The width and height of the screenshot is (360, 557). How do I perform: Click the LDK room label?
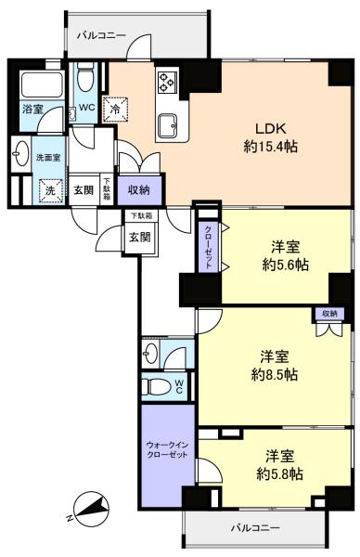[271, 129]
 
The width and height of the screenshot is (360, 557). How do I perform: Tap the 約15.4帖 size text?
[271, 146]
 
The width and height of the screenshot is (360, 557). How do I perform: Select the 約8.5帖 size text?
[274, 374]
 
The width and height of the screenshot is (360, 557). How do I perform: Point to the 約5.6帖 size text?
[285, 265]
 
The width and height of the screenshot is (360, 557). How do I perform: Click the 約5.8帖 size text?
[280, 473]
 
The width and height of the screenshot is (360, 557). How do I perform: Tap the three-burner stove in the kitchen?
[167, 83]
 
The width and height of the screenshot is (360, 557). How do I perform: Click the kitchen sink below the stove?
[169, 125]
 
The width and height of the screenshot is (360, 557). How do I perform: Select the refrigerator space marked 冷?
[115, 109]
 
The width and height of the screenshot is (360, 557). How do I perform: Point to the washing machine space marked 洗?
[50, 190]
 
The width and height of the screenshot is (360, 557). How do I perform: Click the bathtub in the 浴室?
[43, 84]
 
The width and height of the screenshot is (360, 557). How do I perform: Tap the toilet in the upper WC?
[84, 77]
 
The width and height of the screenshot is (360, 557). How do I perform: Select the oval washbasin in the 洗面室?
[21, 153]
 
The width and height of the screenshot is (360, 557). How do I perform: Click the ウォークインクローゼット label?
[167, 449]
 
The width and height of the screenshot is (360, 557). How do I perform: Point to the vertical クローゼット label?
[209, 247]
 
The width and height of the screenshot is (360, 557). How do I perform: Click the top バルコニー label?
[101, 35]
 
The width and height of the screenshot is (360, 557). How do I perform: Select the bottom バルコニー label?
[255, 528]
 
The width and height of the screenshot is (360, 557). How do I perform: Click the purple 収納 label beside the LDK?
[139, 190]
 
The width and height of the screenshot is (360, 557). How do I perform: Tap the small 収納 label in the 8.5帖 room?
[329, 314]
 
